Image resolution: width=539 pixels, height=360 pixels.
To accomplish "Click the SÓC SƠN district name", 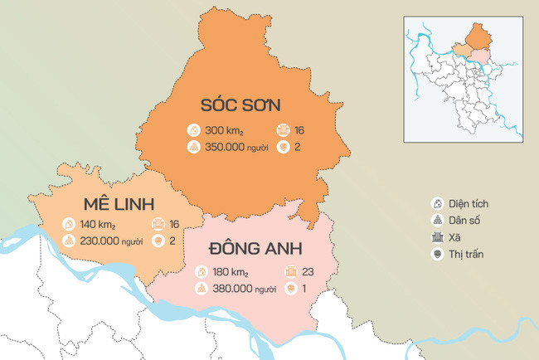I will [x=241, y=105].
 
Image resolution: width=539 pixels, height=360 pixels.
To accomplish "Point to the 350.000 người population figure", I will [x=234, y=146].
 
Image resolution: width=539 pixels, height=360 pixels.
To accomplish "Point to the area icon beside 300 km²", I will [x=193, y=130].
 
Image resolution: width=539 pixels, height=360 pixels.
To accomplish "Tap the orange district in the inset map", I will [x=477, y=36].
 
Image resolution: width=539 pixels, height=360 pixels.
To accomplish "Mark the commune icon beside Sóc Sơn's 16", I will [x=283, y=130].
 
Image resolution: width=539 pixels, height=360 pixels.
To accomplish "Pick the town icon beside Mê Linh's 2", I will [x=157, y=241].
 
